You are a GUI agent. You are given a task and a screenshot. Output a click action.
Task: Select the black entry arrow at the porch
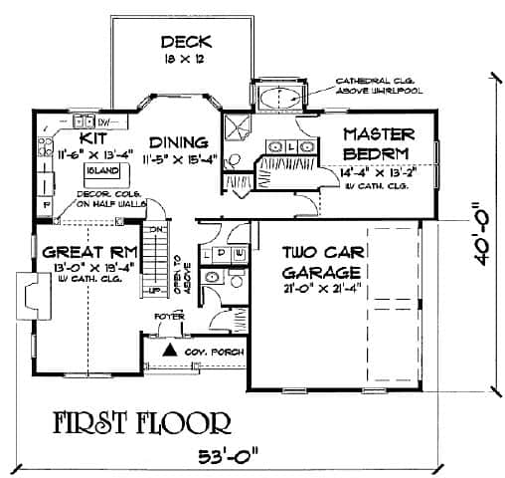point(170,351)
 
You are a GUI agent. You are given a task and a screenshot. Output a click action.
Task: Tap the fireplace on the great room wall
point(31,297)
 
